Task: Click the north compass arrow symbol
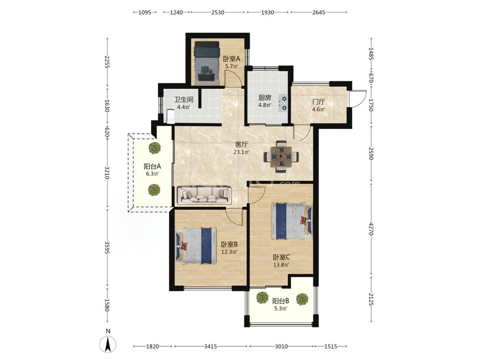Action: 108,345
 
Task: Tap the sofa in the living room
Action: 205,195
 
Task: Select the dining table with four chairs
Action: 281,157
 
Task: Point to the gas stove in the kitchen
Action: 283,103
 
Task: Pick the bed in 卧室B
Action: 196,246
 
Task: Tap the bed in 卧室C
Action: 292,221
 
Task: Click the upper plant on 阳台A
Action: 154,148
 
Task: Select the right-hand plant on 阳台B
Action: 302,299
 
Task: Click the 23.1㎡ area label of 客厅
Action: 241,152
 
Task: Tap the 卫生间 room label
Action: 183,100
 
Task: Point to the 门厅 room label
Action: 318,102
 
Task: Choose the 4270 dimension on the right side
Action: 371,229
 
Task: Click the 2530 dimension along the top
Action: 218,12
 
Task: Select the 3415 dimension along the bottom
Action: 211,346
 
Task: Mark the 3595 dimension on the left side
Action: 107,247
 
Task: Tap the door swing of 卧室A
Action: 229,78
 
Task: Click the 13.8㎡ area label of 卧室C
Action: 281,265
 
